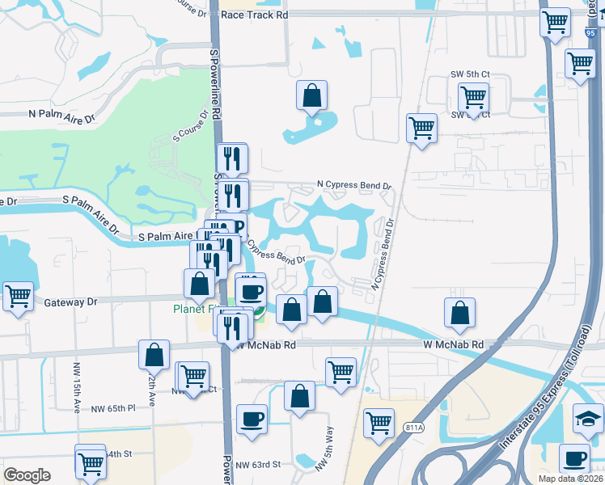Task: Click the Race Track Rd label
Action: [x=254, y=15]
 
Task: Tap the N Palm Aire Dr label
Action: [x=61, y=116]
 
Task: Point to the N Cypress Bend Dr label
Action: [x=353, y=184]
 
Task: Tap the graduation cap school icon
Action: [x=588, y=418]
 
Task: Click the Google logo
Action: [x=27, y=475]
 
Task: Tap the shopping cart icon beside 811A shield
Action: [x=379, y=422]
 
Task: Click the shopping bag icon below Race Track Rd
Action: [x=311, y=95]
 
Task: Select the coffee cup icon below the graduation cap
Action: [x=575, y=458]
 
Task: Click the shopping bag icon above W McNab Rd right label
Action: [x=459, y=313]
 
